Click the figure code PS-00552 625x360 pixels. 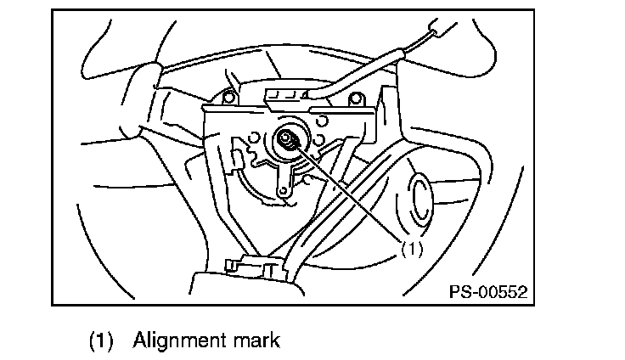point(487,291)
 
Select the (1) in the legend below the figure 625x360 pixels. point(101,341)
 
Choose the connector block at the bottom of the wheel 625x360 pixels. point(251,267)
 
